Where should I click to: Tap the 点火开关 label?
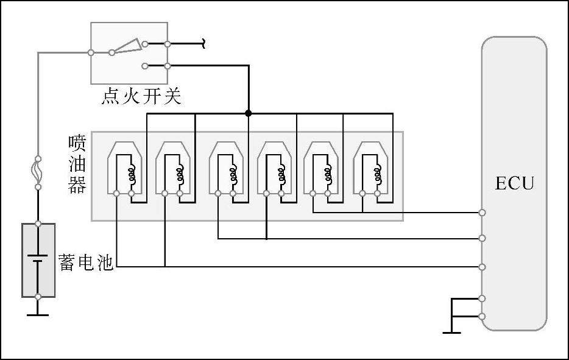pyautogui.click(x=141, y=97)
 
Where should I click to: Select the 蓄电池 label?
pyautogui.click(x=86, y=263)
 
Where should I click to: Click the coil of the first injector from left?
pyautogui.click(x=131, y=174)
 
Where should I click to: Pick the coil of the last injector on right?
pyautogui.click(x=377, y=174)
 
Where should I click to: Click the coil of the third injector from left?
pyautogui.click(x=233, y=174)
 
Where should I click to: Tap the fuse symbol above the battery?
pyautogui.click(x=38, y=172)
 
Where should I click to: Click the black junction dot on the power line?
pyautogui.click(x=248, y=113)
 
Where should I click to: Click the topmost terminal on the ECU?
pyautogui.click(x=482, y=212)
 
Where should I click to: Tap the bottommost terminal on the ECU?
pyautogui.click(x=482, y=316)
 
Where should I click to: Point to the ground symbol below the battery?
pyautogui.click(x=38, y=314)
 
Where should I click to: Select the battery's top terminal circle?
pyautogui.click(x=38, y=224)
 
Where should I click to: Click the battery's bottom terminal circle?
pyautogui.click(x=38, y=297)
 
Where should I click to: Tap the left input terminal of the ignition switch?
pyautogui.click(x=91, y=52)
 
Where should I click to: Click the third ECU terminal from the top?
pyautogui.click(x=482, y=267)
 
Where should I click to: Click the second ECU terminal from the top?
pyautogui.click(x=482, y=238)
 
